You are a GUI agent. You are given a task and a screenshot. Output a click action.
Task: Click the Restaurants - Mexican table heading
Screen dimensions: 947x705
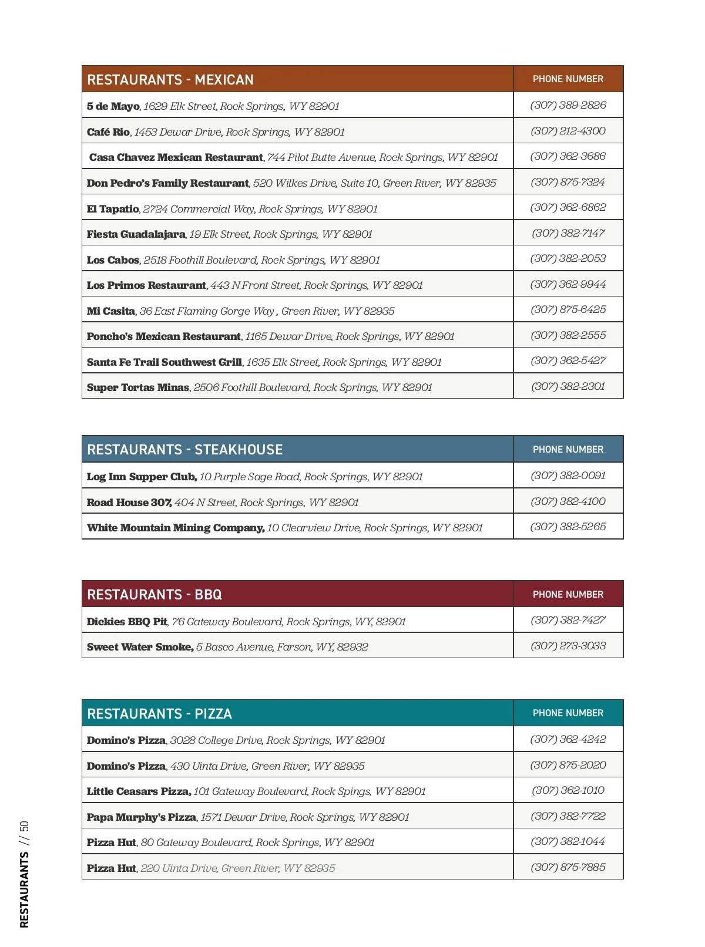click(x=170, y=80)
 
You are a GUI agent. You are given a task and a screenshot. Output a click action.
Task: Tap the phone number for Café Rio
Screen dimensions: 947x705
click(x=568, y=131)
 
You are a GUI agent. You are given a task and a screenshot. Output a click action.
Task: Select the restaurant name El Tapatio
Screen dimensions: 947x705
click(x=113, y=209)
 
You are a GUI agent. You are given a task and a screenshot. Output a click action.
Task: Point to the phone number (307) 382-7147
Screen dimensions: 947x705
click(x=568, y=233)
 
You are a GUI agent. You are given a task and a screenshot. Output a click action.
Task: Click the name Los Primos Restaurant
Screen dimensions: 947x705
click(x=146, y=285)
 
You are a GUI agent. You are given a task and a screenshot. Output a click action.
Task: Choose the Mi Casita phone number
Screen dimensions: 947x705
click(x=568, y=309)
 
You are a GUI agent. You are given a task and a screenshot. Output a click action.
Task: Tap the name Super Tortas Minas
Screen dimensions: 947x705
click(x=137, y=387)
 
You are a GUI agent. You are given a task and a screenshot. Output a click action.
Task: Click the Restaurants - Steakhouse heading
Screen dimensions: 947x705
click(x=184, y=450)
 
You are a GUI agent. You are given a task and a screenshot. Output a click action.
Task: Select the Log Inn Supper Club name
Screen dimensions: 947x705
click(x=142, y=477)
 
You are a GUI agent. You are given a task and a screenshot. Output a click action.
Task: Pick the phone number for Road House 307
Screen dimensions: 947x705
click(x=568, y=501)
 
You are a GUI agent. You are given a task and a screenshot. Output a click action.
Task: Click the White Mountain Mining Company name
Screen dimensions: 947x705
click(x=175, y=528)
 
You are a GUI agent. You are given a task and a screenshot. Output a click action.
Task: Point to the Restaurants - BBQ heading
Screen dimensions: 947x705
click(x=154, y=595)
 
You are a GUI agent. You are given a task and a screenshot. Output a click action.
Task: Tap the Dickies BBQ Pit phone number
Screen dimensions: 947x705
click(x=568, y=620)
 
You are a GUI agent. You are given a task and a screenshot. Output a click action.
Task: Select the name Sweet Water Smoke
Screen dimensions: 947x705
click(x=140, y=647)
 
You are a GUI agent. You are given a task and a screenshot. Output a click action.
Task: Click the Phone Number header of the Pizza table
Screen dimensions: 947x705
click(x=568, y=713)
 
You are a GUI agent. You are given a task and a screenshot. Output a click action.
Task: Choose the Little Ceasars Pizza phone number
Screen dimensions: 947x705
click(x=568, y=790)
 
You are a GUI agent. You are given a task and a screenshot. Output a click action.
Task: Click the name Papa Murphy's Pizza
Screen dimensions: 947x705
click(x=141, y=817)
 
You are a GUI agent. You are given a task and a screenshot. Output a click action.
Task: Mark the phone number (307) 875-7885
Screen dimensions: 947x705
click(x=568, y=867)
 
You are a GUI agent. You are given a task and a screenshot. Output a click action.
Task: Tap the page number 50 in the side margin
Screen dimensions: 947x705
click(x=24, y=827)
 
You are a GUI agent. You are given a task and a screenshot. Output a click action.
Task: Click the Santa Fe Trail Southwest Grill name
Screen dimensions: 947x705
click(x=164, y=362)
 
